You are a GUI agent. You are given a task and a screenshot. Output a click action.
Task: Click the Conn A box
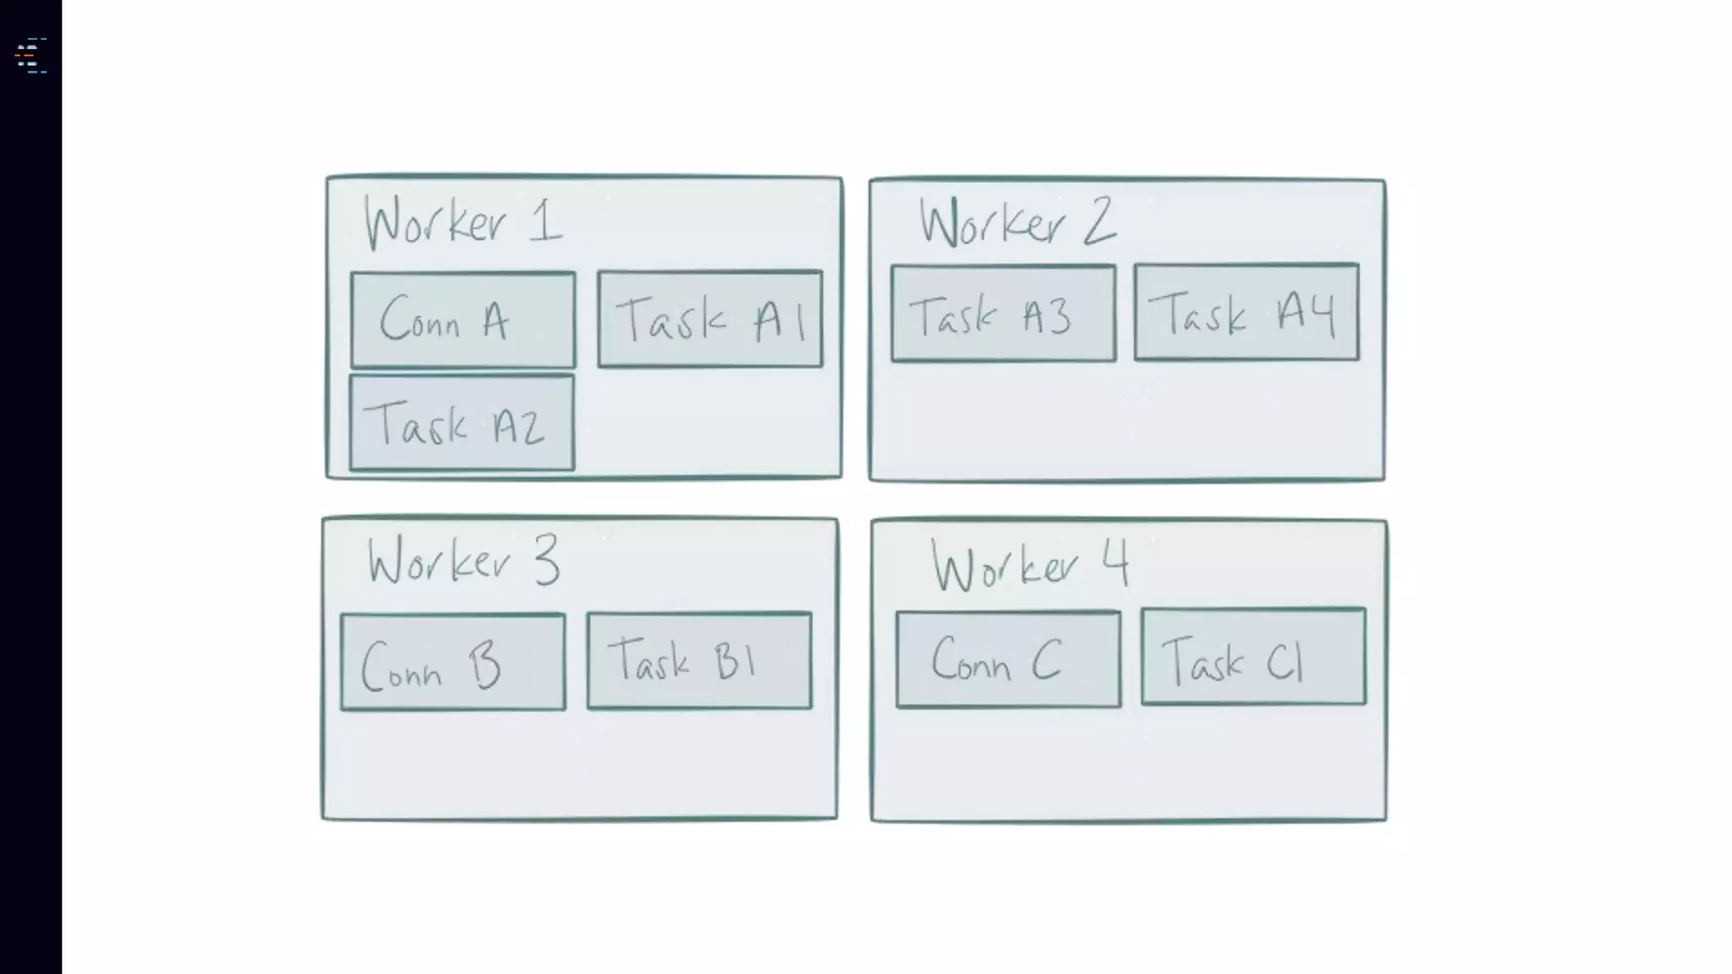463,320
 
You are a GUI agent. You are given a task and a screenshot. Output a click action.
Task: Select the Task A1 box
710,319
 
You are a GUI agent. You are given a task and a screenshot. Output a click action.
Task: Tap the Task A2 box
462,423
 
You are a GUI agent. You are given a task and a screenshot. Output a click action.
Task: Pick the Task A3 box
1003,314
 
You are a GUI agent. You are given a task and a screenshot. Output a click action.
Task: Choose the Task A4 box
1247,312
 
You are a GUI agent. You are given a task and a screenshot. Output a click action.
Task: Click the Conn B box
453,662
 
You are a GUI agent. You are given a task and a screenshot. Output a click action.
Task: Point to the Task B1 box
699,660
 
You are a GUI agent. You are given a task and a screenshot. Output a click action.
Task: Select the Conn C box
1009,659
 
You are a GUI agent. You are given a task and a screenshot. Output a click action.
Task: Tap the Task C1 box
1253,657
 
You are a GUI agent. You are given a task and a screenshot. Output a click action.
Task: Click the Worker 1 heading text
463,222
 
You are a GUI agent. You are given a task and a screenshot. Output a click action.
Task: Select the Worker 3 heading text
463,561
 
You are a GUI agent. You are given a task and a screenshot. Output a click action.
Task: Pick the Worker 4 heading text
1029,565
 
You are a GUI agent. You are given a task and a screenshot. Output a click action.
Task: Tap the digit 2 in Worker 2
1099,222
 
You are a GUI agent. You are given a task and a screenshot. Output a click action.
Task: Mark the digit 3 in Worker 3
546,560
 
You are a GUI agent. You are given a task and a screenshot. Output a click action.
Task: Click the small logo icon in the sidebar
30,56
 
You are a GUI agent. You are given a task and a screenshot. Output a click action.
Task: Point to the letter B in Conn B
485,665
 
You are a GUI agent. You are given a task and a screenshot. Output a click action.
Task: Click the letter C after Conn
1046,659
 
